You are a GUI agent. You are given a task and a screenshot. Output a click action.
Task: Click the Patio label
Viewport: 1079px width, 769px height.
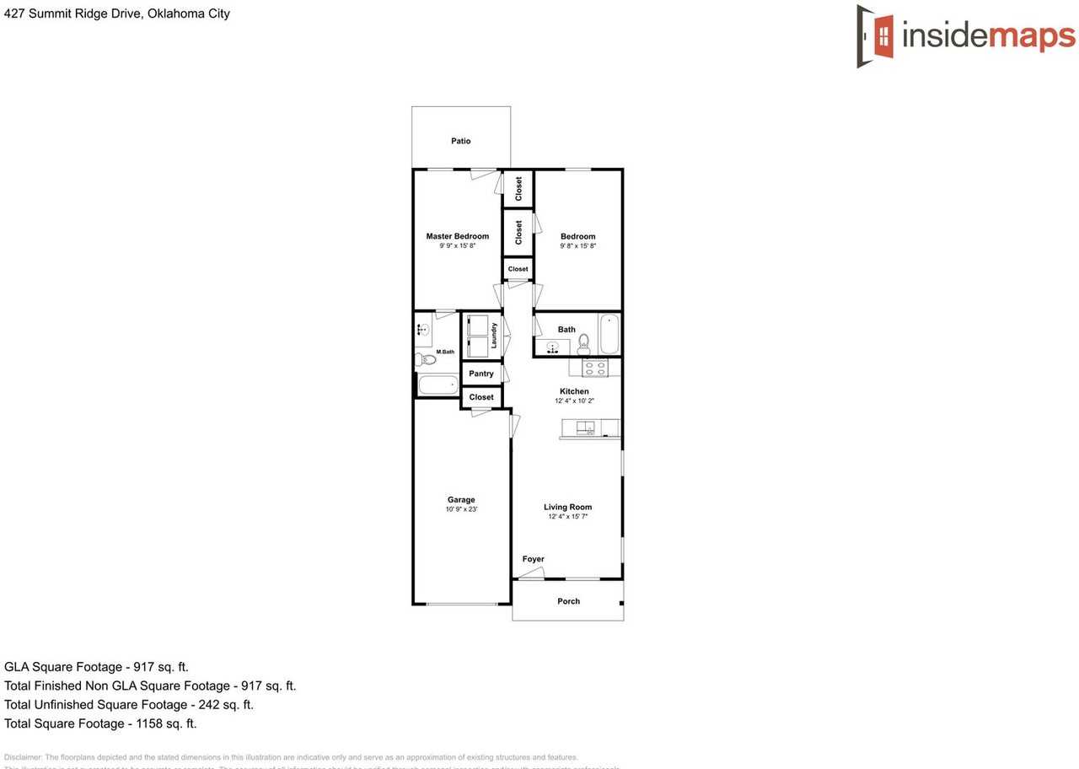click(460, 141)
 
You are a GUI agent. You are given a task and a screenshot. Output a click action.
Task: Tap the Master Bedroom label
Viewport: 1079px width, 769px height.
click(457, 236)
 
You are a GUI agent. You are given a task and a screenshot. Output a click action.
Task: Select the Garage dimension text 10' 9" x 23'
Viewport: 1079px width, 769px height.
click(461, 509)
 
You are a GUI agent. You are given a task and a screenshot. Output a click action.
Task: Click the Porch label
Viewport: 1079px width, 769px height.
click(568, 601)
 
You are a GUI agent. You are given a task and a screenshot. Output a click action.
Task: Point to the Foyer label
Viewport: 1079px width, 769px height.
click(533, 559)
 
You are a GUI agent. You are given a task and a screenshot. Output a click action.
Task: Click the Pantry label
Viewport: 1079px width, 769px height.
click(481, 374)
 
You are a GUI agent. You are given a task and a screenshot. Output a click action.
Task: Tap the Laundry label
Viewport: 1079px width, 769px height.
click(495, 335)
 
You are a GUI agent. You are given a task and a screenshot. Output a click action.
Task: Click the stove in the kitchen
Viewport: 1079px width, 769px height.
click(595, 367)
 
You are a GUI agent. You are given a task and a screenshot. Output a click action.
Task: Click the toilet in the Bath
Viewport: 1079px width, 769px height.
click(583, 342)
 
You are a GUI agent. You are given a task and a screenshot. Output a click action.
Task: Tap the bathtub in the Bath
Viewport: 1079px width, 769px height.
click(609, 335)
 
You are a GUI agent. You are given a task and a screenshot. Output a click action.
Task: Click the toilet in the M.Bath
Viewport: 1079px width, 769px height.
click(427, 360)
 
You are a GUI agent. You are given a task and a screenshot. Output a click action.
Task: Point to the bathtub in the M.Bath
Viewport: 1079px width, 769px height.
click(438, 385)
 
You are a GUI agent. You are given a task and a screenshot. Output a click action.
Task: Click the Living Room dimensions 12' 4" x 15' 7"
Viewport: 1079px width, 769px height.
click(567, 516)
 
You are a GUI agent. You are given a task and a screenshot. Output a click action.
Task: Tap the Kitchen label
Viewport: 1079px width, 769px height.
click(574, 391)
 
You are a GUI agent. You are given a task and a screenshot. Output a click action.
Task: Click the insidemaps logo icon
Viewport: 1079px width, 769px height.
click(876, 36)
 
